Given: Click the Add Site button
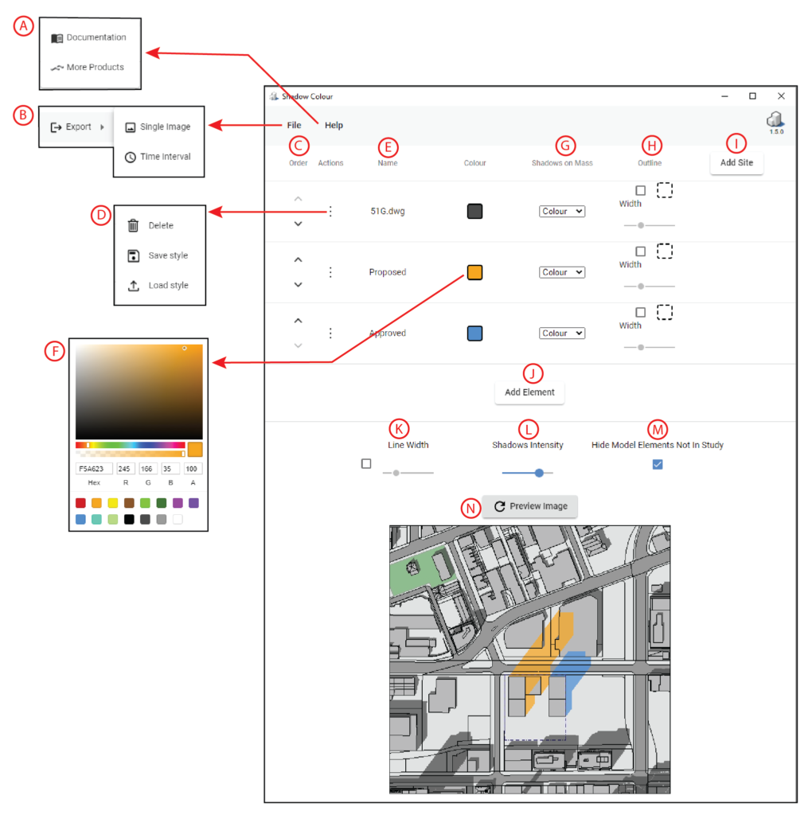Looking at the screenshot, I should click(x=736, y=162).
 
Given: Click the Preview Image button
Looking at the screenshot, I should click(x=530, y=506).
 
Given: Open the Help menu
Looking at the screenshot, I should click(x=334, y=125).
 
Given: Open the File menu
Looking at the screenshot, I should click(x=295, y=125).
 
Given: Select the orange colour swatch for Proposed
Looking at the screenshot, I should click(x=474, y=272).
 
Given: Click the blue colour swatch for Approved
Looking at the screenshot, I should click(x=474, y=333).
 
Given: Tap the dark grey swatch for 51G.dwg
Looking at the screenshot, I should click(x=474, y=212).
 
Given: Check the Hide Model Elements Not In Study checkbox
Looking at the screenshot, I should click(x=658, y=464).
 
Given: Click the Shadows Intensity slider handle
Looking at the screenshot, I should click(x=539, y=473).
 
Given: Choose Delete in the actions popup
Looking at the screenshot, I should click(x=160, y=226).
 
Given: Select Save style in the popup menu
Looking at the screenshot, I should click(x=167, y=255).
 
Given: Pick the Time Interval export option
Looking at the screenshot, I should click(x=165, y=157).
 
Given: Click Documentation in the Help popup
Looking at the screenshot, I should click(x=96, y=37).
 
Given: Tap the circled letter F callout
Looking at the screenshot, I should click(x=54, y=349).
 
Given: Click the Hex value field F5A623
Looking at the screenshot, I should click(x=94, y=469).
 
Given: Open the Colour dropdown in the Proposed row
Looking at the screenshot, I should click(x=561, y=272).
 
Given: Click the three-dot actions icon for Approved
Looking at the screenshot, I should click(x=330, y=333).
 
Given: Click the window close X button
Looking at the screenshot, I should click(x=781, y=96).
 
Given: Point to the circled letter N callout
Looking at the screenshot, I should click(x=471, y=507).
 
